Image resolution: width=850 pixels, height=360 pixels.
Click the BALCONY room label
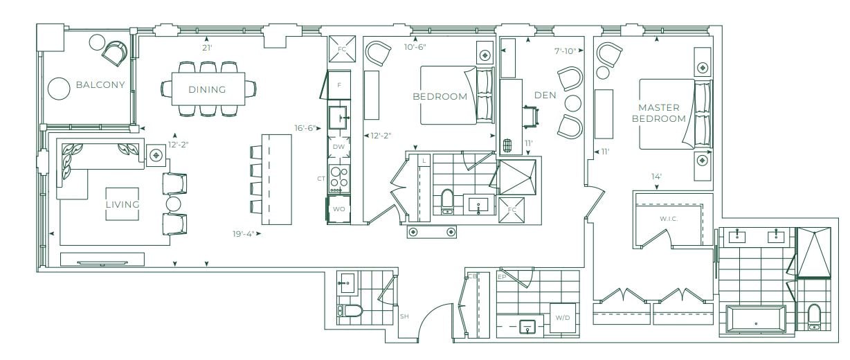pos(100,84)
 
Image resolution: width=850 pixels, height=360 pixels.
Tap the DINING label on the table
pos(207,89)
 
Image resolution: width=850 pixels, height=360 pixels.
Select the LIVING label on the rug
pos(123,204)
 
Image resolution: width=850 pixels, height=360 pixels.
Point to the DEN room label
pos(545,96)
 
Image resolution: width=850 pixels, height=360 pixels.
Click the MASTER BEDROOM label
pos(659,113)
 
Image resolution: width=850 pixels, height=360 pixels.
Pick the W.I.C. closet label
pos(669,219)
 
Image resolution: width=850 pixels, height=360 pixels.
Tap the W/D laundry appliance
pos(563,318)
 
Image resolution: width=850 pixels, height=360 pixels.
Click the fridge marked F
pos(339,85)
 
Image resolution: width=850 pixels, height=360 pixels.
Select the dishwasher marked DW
pos(338,147)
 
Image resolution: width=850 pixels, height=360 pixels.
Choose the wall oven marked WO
pos(338,209)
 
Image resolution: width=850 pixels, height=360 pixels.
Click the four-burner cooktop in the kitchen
pos(339,179)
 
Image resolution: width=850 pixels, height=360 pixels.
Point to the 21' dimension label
pos(207,48)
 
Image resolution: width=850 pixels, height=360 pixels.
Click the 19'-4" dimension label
pos(243,234)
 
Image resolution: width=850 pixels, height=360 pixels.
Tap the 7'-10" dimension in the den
pos(565,51)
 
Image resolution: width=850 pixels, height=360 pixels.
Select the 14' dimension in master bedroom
pos(656,177)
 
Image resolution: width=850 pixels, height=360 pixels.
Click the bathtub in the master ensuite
pos(755,318)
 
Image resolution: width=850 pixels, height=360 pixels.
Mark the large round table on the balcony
pos(59,89)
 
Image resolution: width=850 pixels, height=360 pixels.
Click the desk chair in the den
pos(531,116)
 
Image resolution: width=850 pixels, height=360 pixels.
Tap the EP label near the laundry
pos(502,277)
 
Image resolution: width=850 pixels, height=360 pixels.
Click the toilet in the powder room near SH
pos(350,311)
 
